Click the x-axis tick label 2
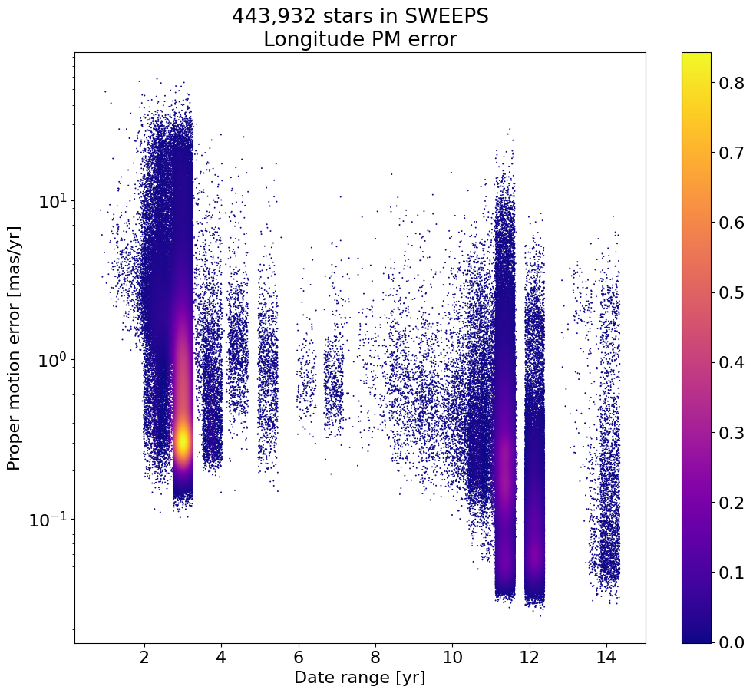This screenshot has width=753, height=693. (x=144, y=658)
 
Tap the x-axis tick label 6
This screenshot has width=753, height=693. (x=298, y=658)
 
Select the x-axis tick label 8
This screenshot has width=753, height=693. (x=375, y=658)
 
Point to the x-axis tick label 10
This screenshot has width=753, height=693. (x=452, y=658)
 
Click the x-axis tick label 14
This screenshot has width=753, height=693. (x=606, y=658)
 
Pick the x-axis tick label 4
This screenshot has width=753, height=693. (x=221, y=658)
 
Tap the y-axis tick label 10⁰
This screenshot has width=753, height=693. (x=53, y=360)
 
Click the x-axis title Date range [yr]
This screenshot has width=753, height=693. (x=359, y=678)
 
